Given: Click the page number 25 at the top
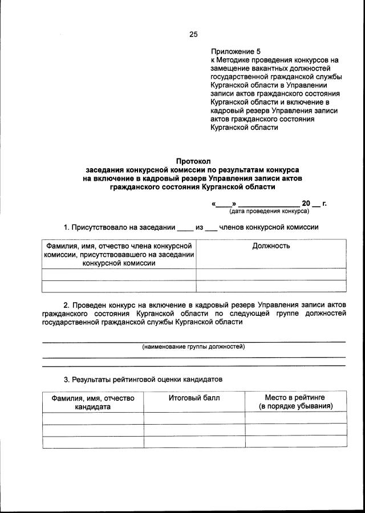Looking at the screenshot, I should tap(193, 34).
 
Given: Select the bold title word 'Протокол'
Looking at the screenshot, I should tap(193, 162).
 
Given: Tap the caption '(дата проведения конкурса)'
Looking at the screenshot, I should tap(269, 211).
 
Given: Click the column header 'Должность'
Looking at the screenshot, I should tap(271, 246).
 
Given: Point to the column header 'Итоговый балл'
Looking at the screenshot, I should tap(194, 398).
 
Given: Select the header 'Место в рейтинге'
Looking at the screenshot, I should tap(295, 397).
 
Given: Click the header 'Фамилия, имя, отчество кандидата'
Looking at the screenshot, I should tap(92, 402).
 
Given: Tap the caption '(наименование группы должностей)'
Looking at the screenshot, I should tap(193, 347).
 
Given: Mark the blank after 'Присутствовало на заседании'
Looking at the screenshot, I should tap(185, 229).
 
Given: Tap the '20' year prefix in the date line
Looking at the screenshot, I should tap(306, 203).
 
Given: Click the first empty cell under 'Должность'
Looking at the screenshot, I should tap(271, 274).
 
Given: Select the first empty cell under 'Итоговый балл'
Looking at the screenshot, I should tap(194, 418).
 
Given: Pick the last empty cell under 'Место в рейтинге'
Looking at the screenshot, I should tap(295, 442).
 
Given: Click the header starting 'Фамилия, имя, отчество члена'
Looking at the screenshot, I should tap(119, 254).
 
